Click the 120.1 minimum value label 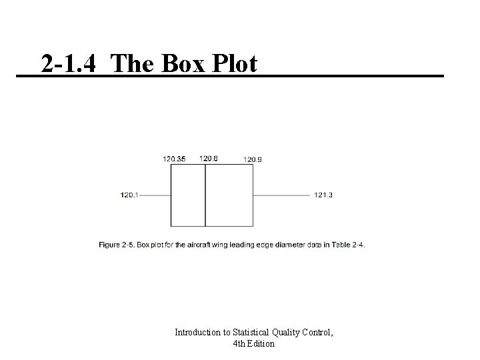tap(129, 195)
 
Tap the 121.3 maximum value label tap(323, 195)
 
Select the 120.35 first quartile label tap(174, 159)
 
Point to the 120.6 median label tap(208, 158)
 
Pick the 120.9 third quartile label tap(253, 159)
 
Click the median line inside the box tap(205, 195)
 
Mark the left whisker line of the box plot tap(155, 195)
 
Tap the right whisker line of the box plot tap(281, 195)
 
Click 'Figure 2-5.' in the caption tap(117, 245)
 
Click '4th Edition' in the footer tap(254, 344)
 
